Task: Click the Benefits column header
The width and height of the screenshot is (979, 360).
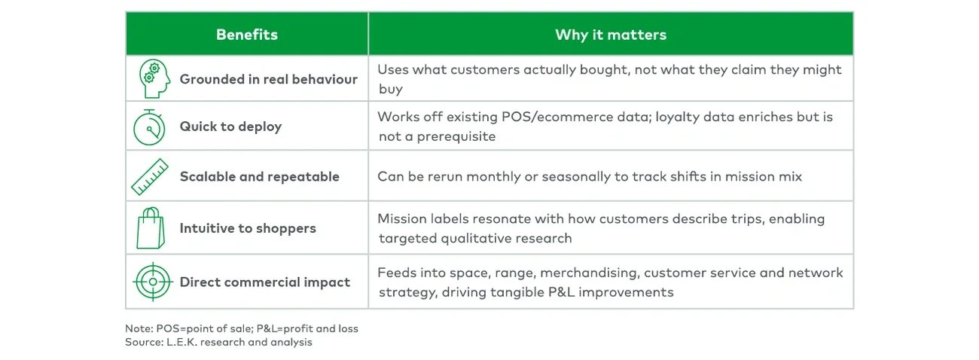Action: pyautogui.click(x=246, y=35)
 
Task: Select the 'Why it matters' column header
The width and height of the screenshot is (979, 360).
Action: pyautogui.click(x=610, y=35)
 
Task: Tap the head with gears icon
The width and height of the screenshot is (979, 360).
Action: pyautogui.click(x=153, y=78)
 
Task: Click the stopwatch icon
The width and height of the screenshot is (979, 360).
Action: pyautogui.click(x=149, y=127)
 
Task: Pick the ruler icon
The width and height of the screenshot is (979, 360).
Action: pyautogui.click(x=151, y=176)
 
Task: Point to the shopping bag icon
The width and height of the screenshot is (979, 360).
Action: pyautogui.click(x=151, y=228)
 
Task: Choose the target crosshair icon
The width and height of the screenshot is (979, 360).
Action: pyautogui.click(x=151, y=282)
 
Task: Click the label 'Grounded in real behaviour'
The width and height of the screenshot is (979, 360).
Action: pyautogui.click(x=268, y=79)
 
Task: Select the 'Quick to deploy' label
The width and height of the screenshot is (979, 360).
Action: pyautogui.click(x=230, y=127)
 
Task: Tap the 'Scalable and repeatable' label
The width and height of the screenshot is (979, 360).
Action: pyautogui.click(x=259, y=177)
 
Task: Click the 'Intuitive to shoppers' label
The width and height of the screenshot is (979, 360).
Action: pyautogui.click(x=247, y=228)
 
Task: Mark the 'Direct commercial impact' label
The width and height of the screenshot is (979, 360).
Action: pyautogui.click(x=264, y=282)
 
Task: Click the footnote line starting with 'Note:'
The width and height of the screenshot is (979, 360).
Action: pyautogui.click(x=241, y=329)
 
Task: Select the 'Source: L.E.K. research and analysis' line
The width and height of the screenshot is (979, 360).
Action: pyautogui.click(x=218, y=342)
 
